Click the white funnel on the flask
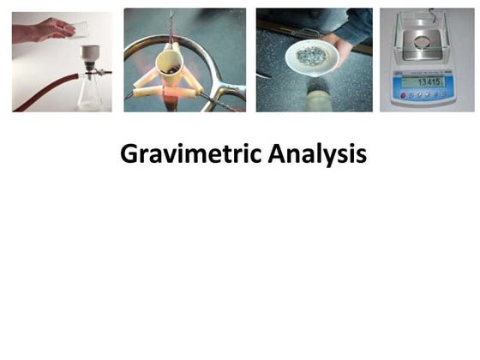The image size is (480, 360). (89, 55)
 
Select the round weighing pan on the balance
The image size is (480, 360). (427, 41)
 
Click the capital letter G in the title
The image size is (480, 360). (129, 154)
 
